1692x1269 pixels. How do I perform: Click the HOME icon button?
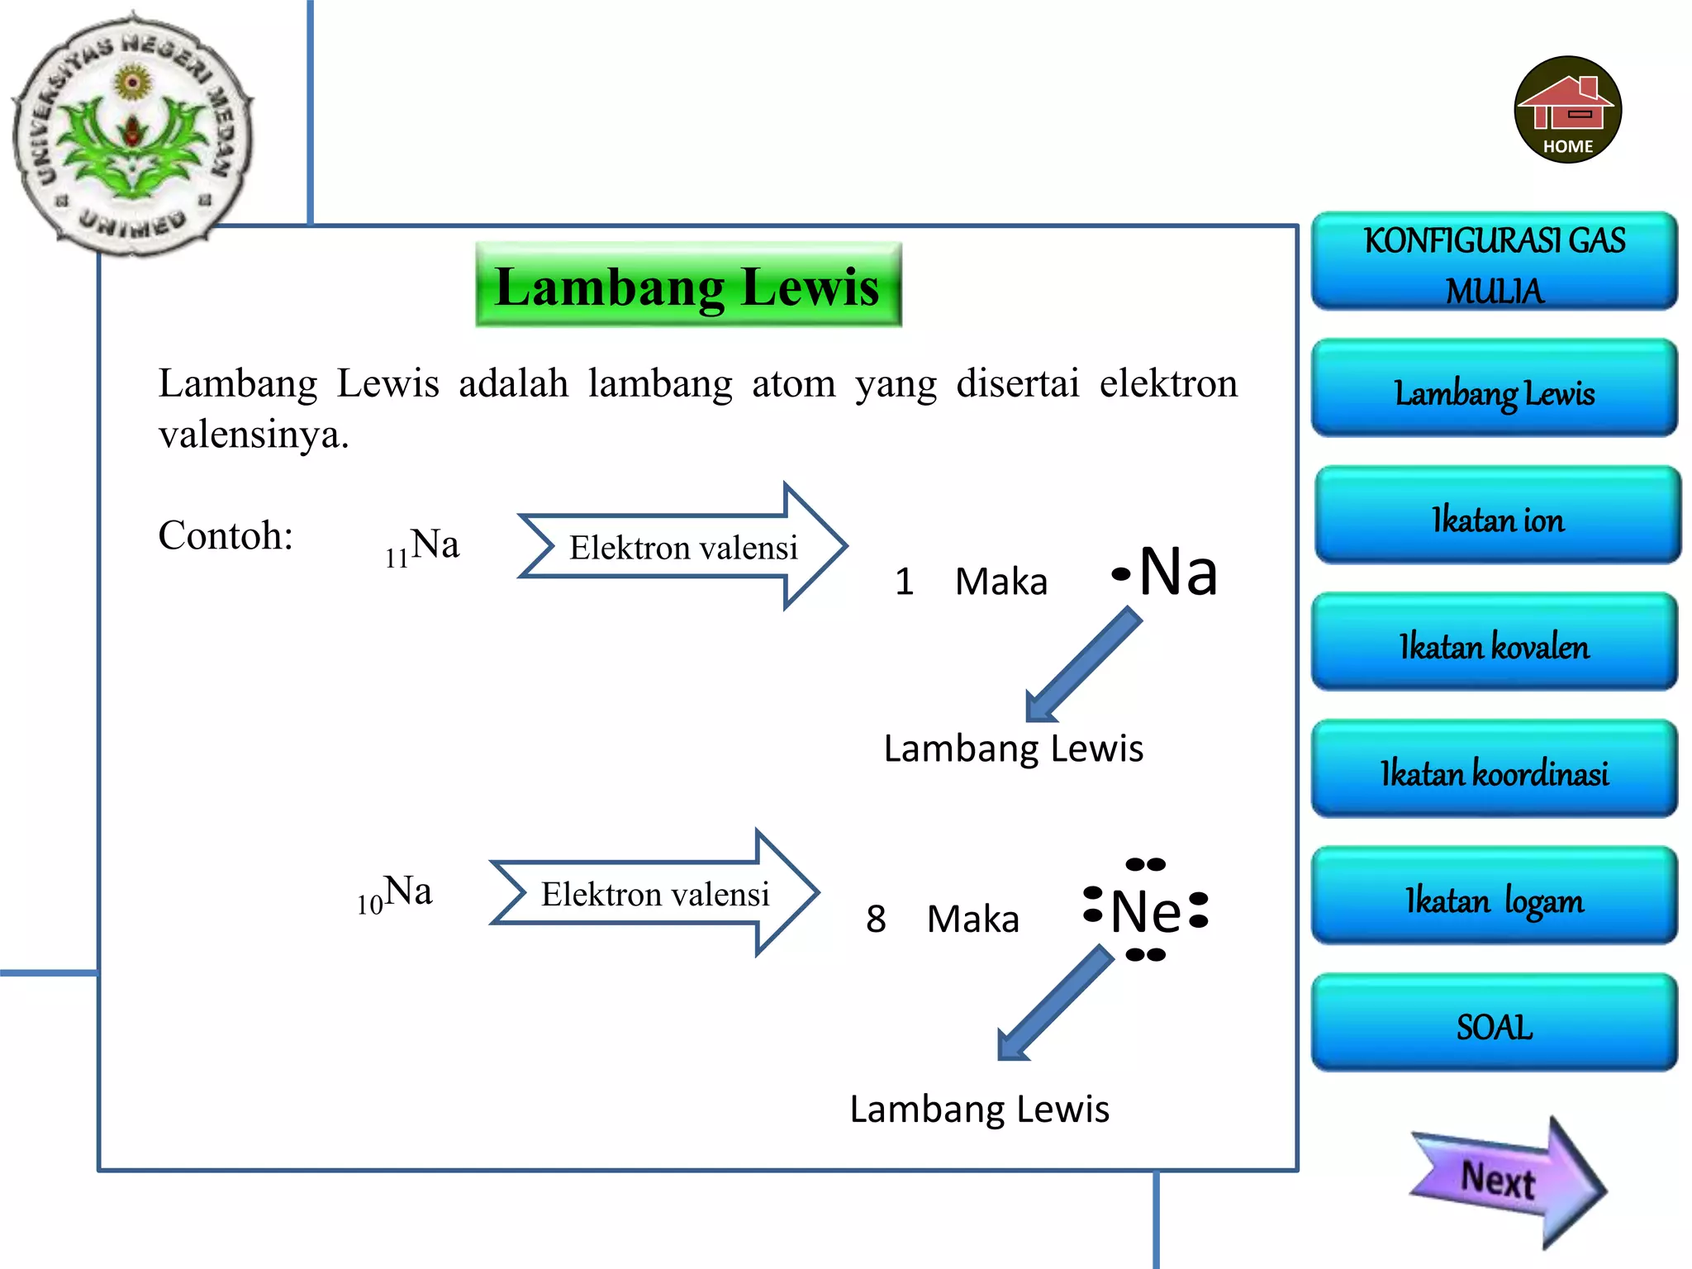point(1567,109)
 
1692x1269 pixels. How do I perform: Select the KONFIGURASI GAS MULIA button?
point(1494,261)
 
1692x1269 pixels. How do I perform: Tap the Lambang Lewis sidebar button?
point(1494,388)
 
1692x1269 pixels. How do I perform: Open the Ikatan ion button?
point(1497,516)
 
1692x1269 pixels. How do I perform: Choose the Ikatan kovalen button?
point(1494,642)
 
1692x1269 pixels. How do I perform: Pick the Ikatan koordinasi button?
point(1494,769)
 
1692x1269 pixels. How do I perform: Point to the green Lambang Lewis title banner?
point(687,285)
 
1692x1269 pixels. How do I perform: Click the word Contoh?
point(226,535)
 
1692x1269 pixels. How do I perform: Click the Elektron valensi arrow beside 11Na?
point(682,546)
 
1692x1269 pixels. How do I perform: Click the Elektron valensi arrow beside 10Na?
point(654,893)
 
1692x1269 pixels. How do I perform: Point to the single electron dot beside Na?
point(1120,573)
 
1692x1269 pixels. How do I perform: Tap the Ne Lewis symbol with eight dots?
point(1146,910)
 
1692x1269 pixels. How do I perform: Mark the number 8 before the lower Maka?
point(876,919)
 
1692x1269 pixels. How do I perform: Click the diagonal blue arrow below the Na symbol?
point(1082,665)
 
